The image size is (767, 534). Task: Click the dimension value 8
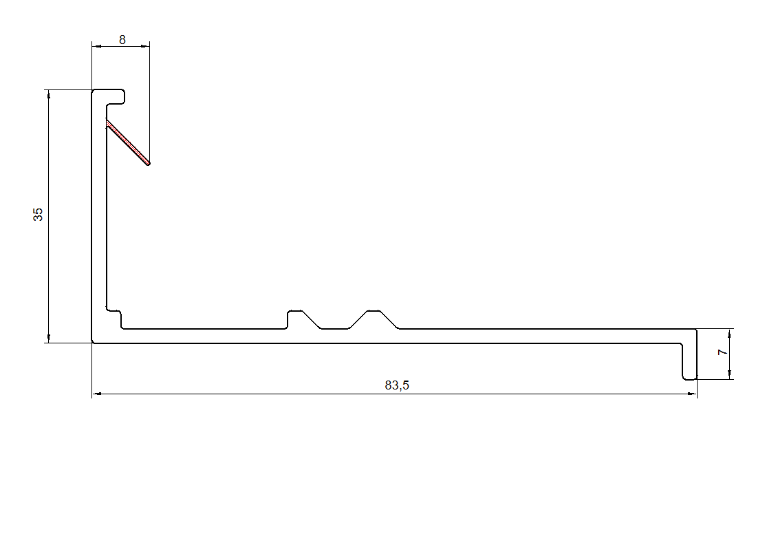pyautogui.click(x=122, y=40)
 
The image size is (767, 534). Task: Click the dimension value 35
pyautogui.click(x=38, y=215)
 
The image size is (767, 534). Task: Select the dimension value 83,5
pyautogui.click(x=397, y=385)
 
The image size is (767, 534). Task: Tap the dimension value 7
pyautogui.click(x=722, y=352)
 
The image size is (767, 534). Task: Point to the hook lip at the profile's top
pyautogui.click(x=116, y=97)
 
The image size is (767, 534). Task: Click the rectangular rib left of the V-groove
pyautogui.click(x=294, y=319)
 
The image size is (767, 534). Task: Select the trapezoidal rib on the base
pyautogui.click(x=374, y=319)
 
